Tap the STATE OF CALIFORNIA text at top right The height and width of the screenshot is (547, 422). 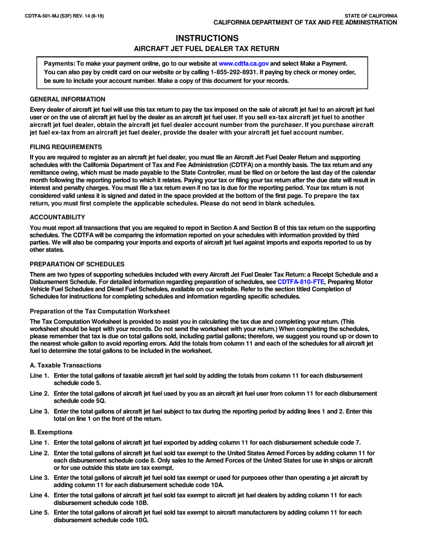(x=371, y=16)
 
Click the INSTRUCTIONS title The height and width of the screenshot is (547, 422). (x=207, y=38)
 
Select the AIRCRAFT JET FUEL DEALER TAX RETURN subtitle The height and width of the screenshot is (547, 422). (x=207, y=48)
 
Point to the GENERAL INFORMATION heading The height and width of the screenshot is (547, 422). (x=68, y=99)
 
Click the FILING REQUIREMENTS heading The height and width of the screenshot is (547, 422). (x=66, y=147)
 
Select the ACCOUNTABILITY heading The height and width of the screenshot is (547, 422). (x=57, y=217)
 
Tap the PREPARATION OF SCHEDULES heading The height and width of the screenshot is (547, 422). (x=77, y=264)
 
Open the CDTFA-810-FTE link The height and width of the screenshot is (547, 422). (x=301, y=282)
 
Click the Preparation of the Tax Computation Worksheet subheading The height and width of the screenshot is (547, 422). (x=100, y=311)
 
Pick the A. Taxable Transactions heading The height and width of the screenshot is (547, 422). (x=65, y=365)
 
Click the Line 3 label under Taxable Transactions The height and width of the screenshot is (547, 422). (x=39, y=411)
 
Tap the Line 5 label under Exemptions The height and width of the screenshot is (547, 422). (x=39, y=512)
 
